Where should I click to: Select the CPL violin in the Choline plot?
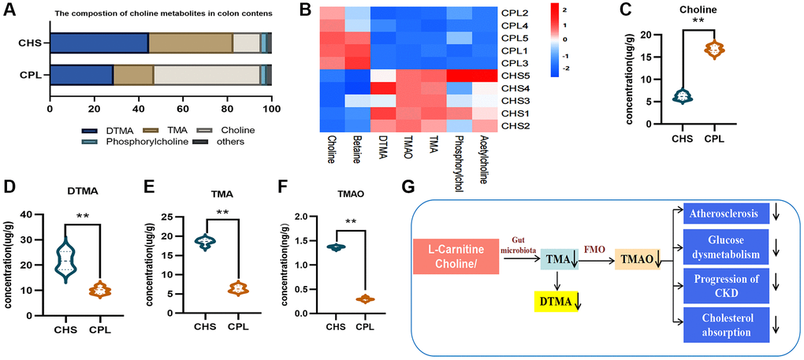click(x=714, y=50)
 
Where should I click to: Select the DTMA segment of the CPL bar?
click(x=81, y=75)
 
